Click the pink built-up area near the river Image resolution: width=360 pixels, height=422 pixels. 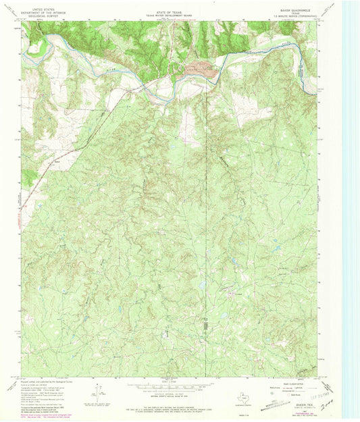[201, 68]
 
